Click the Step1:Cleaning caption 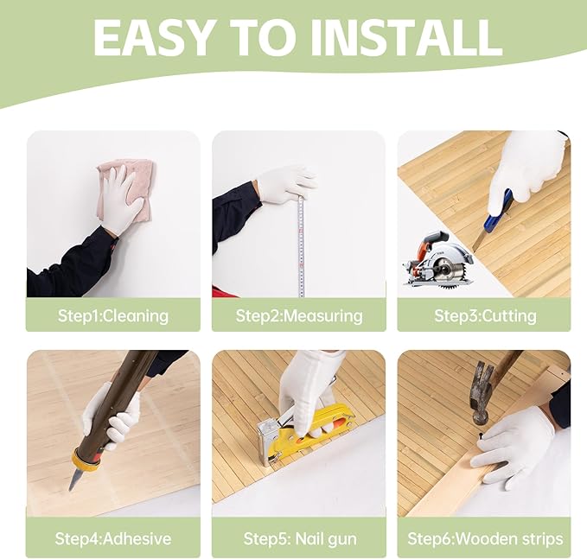[113, 316]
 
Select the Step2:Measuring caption [299, 316]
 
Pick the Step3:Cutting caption [485, 316]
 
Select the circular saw [437, 260]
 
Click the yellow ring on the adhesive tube [86, 460]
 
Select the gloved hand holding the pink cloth [123, 199]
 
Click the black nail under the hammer [481, 435]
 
